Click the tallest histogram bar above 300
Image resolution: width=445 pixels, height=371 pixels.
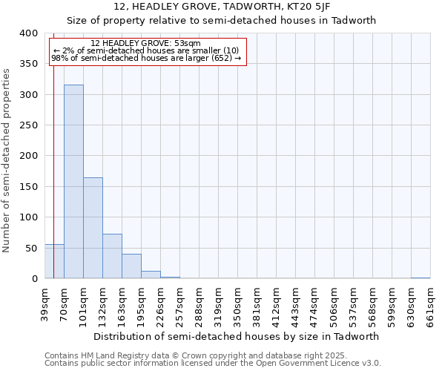pos(73,182)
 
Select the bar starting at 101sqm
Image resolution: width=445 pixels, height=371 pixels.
pos(93,228)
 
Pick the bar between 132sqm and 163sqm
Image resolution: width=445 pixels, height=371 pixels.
pos(112,257)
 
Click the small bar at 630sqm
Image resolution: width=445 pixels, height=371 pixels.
pos(421,278)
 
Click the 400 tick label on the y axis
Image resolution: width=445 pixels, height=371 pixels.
pos(28,33)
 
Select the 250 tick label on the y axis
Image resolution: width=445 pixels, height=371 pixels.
pos(28,125)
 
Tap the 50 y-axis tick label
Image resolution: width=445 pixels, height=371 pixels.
pos(31,248)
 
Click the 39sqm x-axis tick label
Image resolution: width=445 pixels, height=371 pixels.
pos(44,303)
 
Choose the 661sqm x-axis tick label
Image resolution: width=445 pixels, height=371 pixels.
pos(430,303)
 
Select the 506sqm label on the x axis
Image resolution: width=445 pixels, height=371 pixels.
pos(334,303)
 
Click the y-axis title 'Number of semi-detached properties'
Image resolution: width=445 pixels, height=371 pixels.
pos(7,160)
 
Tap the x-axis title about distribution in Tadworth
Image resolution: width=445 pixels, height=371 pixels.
pos(237,336)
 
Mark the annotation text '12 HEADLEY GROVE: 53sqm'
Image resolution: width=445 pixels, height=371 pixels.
pos(145,44)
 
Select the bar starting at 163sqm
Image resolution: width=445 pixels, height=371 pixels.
pos(131,266)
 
